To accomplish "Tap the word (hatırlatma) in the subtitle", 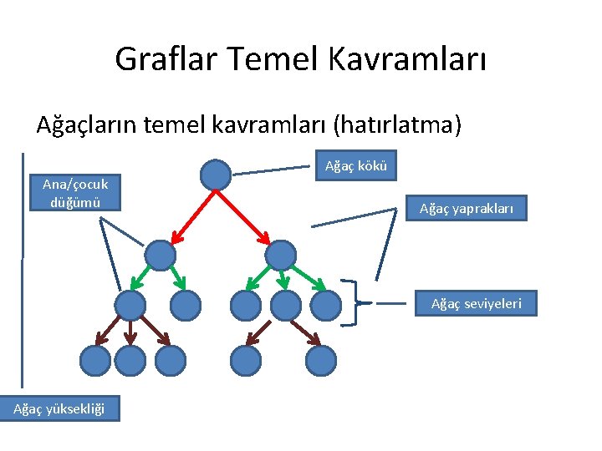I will [x=396, y=125].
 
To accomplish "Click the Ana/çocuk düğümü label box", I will [x=75, y=193].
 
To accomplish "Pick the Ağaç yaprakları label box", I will [x=472, y=207].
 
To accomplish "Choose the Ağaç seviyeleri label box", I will [x=476, y=303].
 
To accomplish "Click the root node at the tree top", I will [x=216, y=175].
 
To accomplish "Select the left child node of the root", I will [x=161, y=255].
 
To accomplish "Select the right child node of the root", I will [x=281, y=255].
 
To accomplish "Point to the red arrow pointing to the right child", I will [x=247, y=214].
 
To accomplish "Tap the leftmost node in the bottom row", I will [x=94, y=360].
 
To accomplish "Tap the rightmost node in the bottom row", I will [x=320, y=360].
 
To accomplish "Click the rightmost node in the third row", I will [x=325, y=306].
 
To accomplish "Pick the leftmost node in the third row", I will [x=130, y=306].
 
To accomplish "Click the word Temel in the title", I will [x=265, y=59].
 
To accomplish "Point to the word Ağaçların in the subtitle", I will [x=87, y=125].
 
